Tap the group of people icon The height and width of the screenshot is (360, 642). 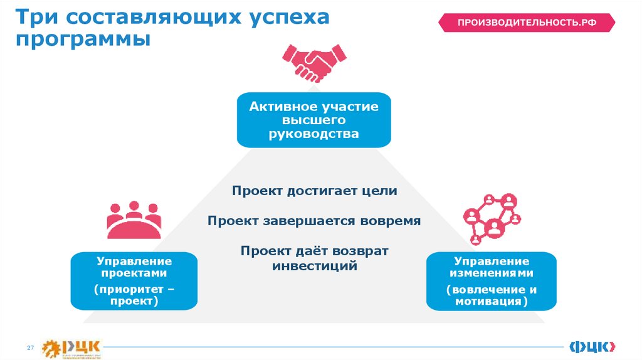(133, 220)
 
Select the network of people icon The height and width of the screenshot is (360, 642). (491, 218)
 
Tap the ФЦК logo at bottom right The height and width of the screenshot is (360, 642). (592, 346)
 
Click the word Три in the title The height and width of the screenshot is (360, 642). (38, 17)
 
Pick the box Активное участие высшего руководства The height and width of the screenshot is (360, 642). (313, 120)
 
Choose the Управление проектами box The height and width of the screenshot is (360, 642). (135, 281)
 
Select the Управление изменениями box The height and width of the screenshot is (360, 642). (492, 281)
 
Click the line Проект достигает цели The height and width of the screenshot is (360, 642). (314, 191)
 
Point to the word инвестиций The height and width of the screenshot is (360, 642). (315, 266)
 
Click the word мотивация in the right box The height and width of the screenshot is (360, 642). (488, 302)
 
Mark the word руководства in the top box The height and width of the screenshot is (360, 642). (314, 134)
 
